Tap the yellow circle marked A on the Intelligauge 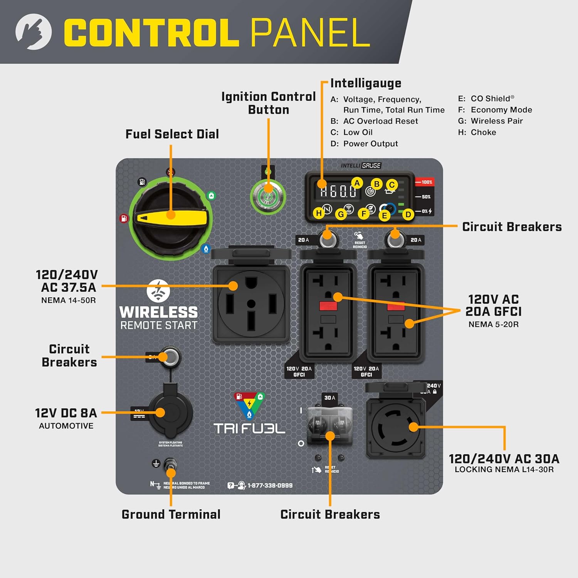tap(357, 183)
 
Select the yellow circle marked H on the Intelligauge tap(319, 213)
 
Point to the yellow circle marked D tap(408, 214)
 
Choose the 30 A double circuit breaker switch tap(330, 424)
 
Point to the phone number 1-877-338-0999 tap(270, 486)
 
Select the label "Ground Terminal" tap(171, 514)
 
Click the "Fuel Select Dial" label tap(172, 134)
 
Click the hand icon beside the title tap(34, 32)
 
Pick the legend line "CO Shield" tap(486, 99)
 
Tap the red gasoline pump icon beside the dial tap(123, 218)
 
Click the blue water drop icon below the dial tap(206, 249)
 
